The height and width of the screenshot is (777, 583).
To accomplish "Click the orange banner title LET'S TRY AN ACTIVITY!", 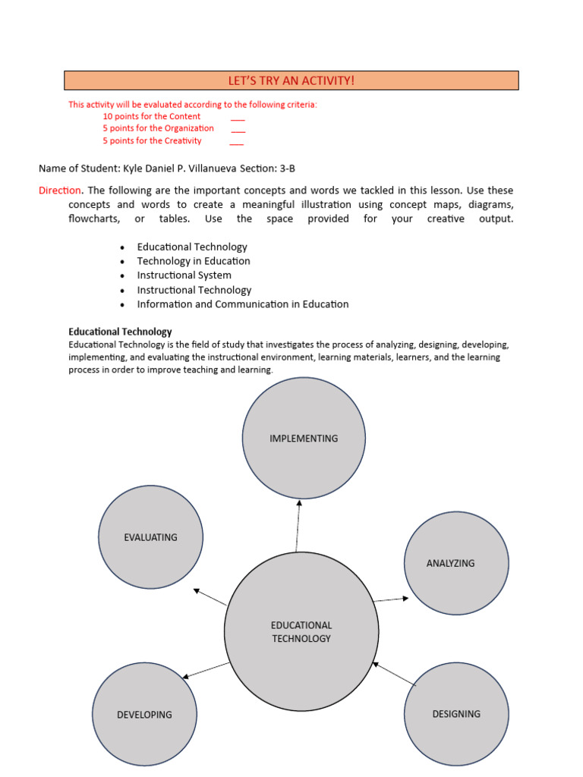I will (291, 80).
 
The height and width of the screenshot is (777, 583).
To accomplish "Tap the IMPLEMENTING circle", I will (304, 439).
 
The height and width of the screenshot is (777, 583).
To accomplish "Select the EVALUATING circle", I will (151, 537).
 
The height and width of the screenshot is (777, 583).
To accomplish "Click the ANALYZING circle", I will (456, 563).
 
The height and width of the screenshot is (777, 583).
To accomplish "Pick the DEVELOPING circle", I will (144, 714).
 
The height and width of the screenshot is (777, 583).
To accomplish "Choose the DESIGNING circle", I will (456, 713).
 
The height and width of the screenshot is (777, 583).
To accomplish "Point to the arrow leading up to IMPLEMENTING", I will (298, 525).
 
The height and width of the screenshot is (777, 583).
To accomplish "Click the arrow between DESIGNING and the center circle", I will (395, 674).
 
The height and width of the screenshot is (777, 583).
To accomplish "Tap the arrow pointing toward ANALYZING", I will (391, 599).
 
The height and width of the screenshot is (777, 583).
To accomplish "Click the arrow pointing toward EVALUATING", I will (210, 596).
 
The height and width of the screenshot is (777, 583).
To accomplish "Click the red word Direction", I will (60, 190).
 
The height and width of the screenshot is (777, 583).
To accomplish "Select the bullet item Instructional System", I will (184, 275).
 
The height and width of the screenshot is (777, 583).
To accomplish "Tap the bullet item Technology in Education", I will (194, 261).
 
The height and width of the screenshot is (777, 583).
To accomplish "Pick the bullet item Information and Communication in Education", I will (243, 304).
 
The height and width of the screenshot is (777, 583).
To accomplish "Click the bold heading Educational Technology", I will (120, 332).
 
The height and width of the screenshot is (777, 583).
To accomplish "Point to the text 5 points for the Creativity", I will (153, 140).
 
